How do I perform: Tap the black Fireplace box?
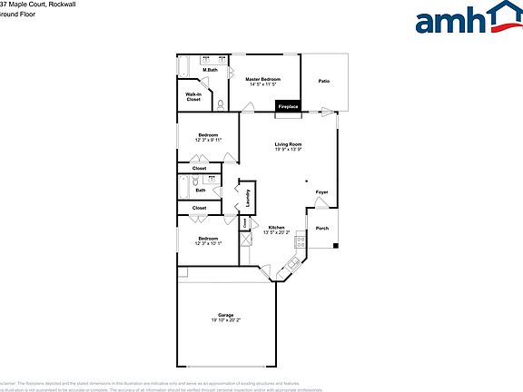point(288,107)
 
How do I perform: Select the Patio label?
point(323,82)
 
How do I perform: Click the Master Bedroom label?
point(262,79)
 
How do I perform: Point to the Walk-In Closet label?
point(193,96)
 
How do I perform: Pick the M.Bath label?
point(210,70)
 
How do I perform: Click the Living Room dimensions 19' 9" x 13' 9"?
point(289,150)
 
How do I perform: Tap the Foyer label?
point(321,192)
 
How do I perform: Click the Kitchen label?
point(275,227)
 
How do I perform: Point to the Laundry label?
point(248,196)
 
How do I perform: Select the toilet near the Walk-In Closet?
point(220,103)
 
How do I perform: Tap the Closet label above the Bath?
point(199,168)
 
